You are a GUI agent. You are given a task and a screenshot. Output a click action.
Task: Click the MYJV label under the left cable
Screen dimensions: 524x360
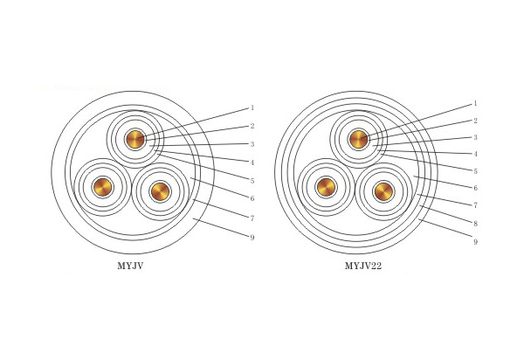tap(130, 267)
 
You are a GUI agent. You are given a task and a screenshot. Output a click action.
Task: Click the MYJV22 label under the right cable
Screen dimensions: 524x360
tap(363, 267)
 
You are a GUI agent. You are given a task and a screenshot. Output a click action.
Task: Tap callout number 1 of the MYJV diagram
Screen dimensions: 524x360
tap(252, 107)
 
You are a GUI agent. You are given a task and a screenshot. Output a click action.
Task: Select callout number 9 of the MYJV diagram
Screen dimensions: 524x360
tap(252, 238)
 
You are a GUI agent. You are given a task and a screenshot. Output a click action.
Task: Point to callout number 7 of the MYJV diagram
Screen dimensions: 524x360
tap(252, 218)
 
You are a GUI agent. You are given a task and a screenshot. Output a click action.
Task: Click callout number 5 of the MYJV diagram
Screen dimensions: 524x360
tap(252, 181)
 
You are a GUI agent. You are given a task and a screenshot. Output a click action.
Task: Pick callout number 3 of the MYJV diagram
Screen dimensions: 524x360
tap(252, 144)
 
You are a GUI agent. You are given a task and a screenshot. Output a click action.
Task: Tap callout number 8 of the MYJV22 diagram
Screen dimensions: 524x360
tap(476, 224)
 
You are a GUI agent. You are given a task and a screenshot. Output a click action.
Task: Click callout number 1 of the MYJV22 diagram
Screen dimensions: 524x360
tap(476, 104)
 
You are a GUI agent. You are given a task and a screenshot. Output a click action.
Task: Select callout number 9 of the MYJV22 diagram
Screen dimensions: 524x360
tap(476, 242)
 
